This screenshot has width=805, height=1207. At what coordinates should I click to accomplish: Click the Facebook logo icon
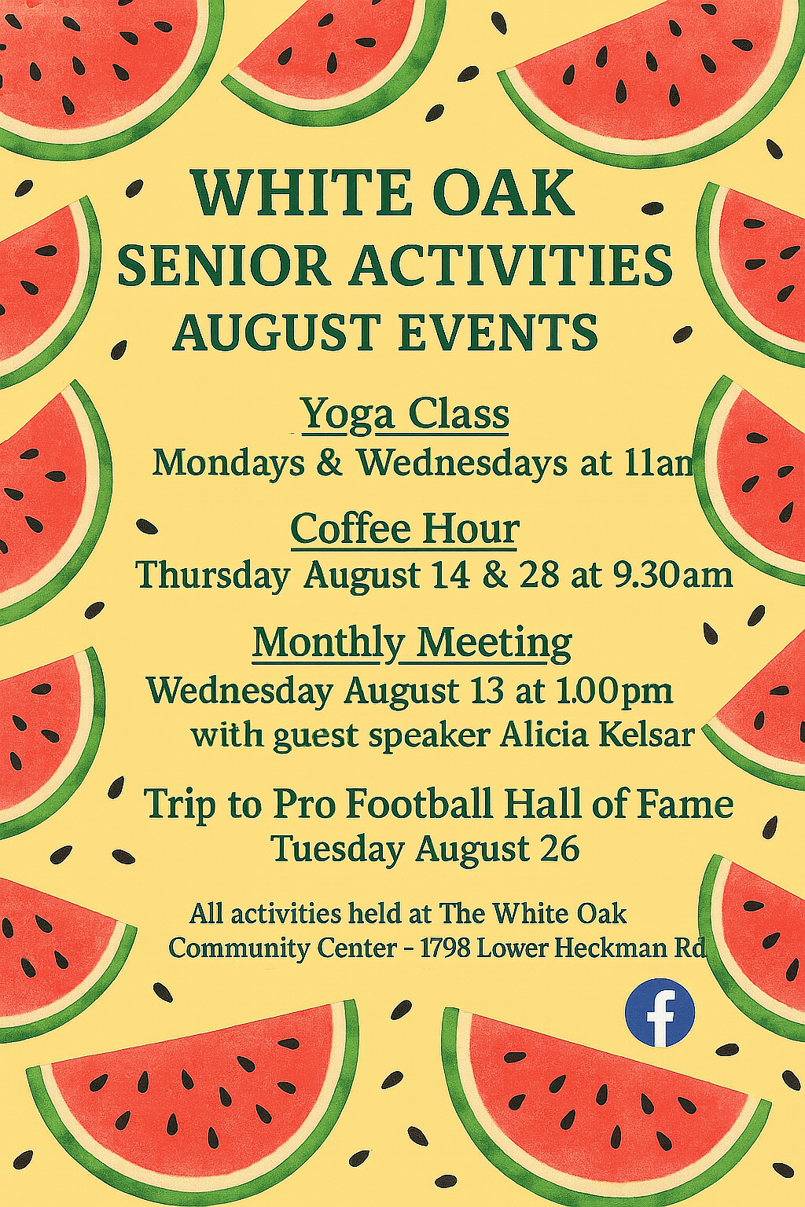point(660,1012)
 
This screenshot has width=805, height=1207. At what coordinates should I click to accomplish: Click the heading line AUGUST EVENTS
point(385,332)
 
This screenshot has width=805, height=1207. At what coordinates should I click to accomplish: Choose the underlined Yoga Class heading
point(406,416)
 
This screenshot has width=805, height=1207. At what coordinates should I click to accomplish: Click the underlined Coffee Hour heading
point(404,530)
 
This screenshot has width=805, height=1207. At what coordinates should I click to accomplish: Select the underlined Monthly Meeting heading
point(412,645)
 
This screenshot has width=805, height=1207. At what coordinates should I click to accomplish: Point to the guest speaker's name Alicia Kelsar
point(595,736)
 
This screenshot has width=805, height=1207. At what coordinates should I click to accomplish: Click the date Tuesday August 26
point(426,849)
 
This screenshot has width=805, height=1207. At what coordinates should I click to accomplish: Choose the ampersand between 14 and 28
point(496,576)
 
